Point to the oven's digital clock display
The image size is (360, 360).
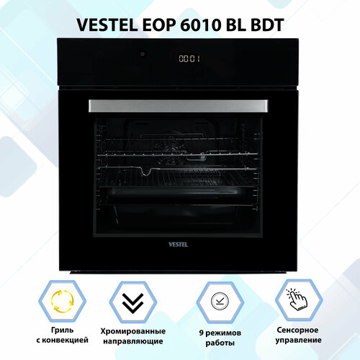coord(189,59)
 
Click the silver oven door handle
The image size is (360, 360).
coord(180,105)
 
